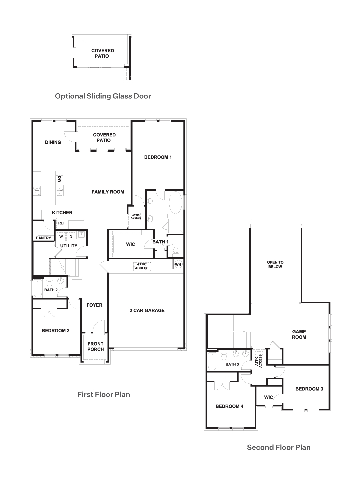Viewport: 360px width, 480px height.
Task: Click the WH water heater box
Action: pyautogui.click(x=178, y=264)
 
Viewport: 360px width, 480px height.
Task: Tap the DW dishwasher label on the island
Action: pyautogui.click(x=59, y=179)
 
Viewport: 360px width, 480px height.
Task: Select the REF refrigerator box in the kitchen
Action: pyautogui.click(x=62, y=223)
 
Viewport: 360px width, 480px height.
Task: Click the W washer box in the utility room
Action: pyautogui.click(x=61, y=237)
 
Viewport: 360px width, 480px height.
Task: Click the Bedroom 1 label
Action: pyautogui.click(x=158, y=157)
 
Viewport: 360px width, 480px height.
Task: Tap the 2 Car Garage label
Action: pyautogui.click(x=147, y=310)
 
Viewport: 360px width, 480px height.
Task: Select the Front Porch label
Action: pyautogui.click(x=96, y=347)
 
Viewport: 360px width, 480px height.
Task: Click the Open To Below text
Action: pyautogui.click(x=275, y=264)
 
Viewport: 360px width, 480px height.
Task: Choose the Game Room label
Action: pyautogui.click(x=299, y=334)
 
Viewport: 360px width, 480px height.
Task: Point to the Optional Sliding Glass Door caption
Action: pyautogui.click(x=103, y=96)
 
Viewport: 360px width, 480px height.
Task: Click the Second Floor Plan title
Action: pyautogui.click(x=279, y=447)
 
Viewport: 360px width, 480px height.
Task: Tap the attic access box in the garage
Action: pyautogui.click(x=142, y=266)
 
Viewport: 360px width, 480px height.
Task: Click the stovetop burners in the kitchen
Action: pyautogui.click(x=37, y=191)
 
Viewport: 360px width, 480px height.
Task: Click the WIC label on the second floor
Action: pyautogui.click(x=269, y=397)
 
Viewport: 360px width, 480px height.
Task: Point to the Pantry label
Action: pyautogui.click(x=44, y=238)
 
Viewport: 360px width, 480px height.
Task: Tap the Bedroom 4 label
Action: pyautogui.click(x=229, y=406)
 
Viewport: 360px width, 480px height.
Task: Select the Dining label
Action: pyautogui.click(x=53, y=142)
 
